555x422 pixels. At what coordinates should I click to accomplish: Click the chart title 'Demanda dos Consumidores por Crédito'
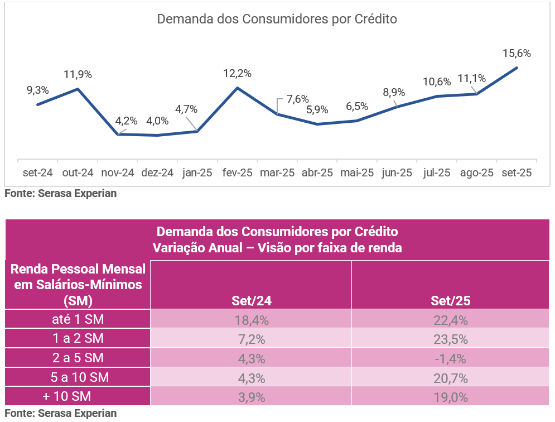point(277,19)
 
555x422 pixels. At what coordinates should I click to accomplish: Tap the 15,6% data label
point(517,54)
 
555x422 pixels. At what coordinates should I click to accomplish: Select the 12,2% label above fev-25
point(237,73)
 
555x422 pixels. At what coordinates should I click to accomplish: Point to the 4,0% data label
point(157,121)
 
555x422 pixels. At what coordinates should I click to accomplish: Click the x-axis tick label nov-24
point(118,173)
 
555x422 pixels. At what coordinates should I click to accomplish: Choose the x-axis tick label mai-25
point(357,173)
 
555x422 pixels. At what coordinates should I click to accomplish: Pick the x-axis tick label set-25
point(517,173)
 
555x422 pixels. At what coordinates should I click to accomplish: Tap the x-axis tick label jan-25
point(197,173)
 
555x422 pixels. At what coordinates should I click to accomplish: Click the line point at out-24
point(78,89)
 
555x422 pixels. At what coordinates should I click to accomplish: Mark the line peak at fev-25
point(238,88)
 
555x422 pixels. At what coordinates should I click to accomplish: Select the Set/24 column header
point(251,300)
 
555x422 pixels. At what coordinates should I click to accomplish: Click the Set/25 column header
point(451,300)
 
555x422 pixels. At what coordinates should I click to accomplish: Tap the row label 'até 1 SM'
point(78,319)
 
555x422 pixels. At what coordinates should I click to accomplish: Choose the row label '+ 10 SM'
point(78,396)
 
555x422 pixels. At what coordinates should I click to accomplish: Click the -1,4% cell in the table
point(451,358)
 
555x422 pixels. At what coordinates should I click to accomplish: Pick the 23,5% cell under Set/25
point(451,339)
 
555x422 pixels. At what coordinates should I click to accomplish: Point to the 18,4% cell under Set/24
point(251,320)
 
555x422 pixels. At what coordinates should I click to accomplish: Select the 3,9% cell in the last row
point(251,397)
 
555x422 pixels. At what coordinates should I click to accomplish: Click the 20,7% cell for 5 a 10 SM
point(451,377)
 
